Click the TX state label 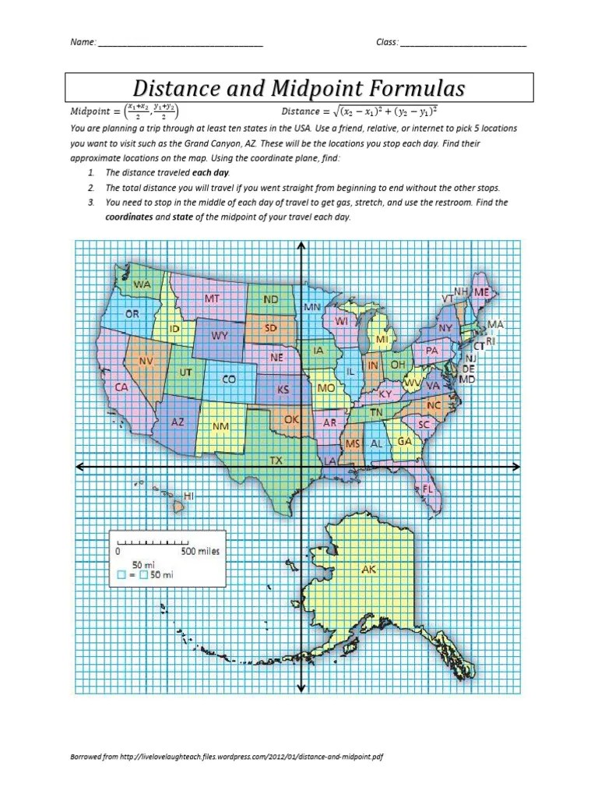coord(276,461)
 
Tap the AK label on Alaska coord(369,570)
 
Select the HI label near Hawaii coord(188,496)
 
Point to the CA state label coord(121,387)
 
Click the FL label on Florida coord(427,489)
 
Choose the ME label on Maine coord(483,291)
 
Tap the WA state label coord(142,285)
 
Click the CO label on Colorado coord(229,379)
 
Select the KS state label coord(283,389)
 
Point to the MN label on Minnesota coord(311,308)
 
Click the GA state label coord(405,441)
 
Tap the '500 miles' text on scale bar coord(200,551)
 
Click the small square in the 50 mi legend coord(121,575)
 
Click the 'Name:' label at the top coord(83,42)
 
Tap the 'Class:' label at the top coord(387,42)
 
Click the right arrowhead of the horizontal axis coord(517,468)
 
